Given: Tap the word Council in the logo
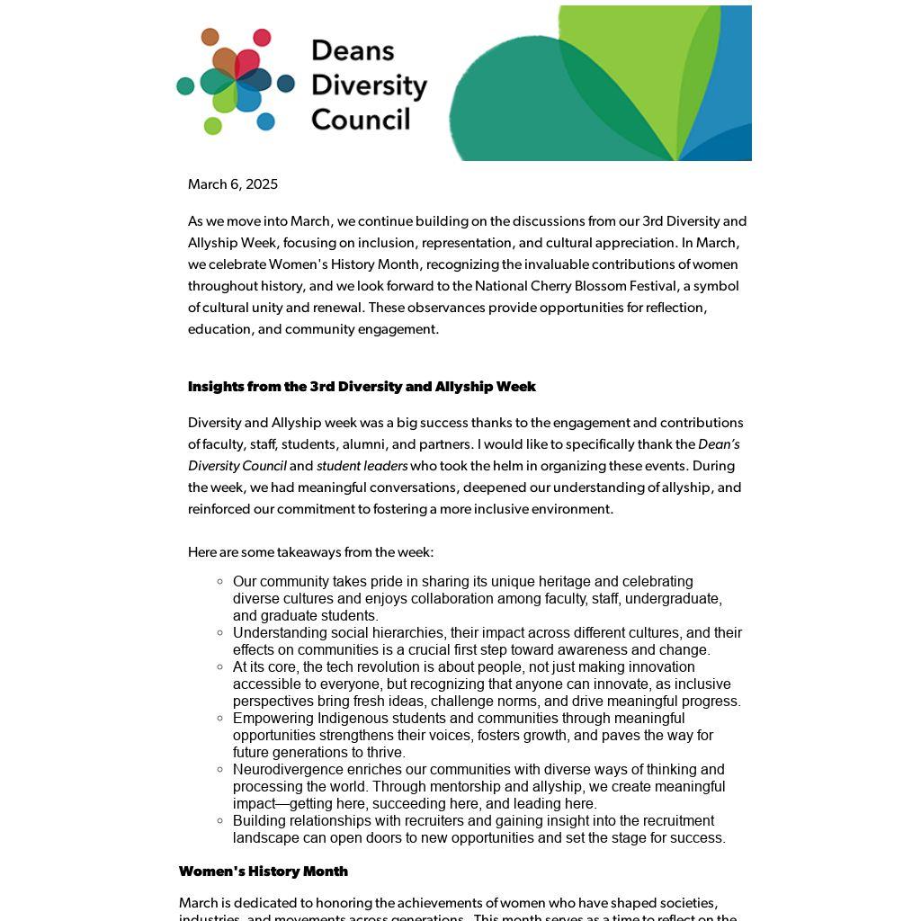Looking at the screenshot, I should tap(361, 120).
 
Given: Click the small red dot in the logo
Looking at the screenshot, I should tap(262, 38).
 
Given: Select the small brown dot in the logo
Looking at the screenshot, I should tap(210, 37).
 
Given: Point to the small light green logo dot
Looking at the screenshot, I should tap(213, 126).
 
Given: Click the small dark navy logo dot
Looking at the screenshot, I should tap(286, 84).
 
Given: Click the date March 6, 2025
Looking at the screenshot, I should tap(233, 184).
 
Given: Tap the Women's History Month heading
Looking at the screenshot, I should tap(264, 871).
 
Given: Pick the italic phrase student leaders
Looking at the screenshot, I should tap(362, 466).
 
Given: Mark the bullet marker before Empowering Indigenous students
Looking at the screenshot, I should tap(220, 719).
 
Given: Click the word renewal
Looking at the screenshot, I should tap(340, 308).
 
